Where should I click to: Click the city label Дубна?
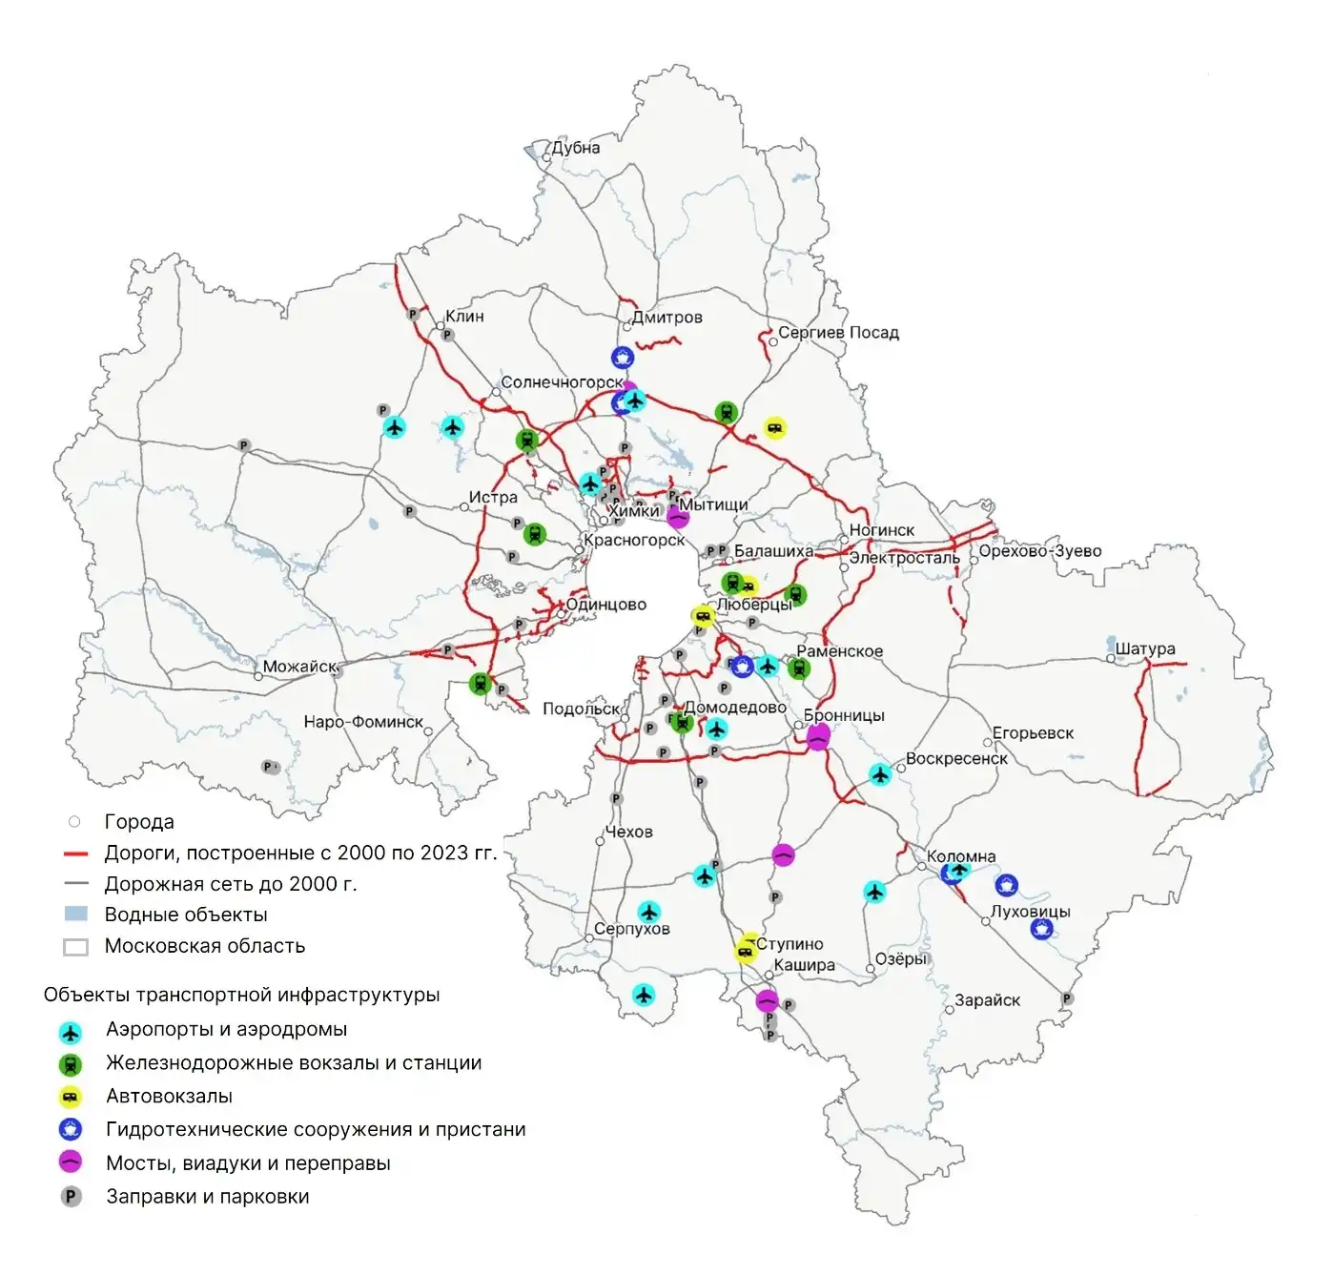[576, 148]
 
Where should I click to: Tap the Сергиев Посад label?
[838, 333]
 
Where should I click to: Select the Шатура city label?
[1145, 649]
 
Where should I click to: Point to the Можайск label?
[299, 667]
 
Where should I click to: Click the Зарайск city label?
[987, 1000]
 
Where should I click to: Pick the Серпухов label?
[631, 929]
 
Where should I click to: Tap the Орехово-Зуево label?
[1039, 551]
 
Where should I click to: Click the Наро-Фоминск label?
[362, 722]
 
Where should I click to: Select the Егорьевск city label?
[1033, 733]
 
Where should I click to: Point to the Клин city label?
[464, 316]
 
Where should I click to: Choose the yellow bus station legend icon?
[71, 1098]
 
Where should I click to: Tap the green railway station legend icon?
[71, 1065]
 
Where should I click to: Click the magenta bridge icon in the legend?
[71, 1162]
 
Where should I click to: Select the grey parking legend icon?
[71, 1196]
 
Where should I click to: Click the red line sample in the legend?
[75, 853]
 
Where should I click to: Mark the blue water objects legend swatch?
[75, 915]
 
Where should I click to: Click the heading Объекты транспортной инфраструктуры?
[241, 995]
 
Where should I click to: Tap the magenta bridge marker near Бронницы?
[818, 738]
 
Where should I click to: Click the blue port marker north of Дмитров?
[623, 358]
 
